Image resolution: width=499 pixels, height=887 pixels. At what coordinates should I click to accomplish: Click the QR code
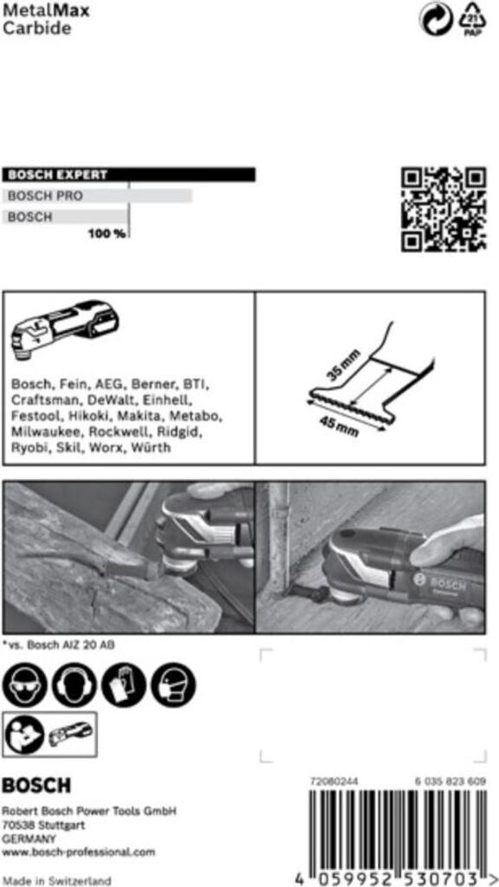click(442, 208)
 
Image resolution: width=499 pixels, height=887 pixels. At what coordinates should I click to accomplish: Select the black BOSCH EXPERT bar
click(129, 175)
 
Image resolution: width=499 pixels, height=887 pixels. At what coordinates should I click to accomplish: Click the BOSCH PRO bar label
click(45, 197)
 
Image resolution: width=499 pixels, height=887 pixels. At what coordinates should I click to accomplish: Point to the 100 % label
click(106, 234)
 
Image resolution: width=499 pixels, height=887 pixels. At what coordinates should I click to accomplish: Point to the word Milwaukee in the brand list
click(46, 431)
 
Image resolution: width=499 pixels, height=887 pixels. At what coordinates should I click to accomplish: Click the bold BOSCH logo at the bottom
click(36, 786)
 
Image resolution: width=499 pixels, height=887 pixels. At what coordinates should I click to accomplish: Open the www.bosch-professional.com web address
click(79, 851)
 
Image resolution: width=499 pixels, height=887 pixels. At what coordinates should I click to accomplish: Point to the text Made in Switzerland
click(56, 880)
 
